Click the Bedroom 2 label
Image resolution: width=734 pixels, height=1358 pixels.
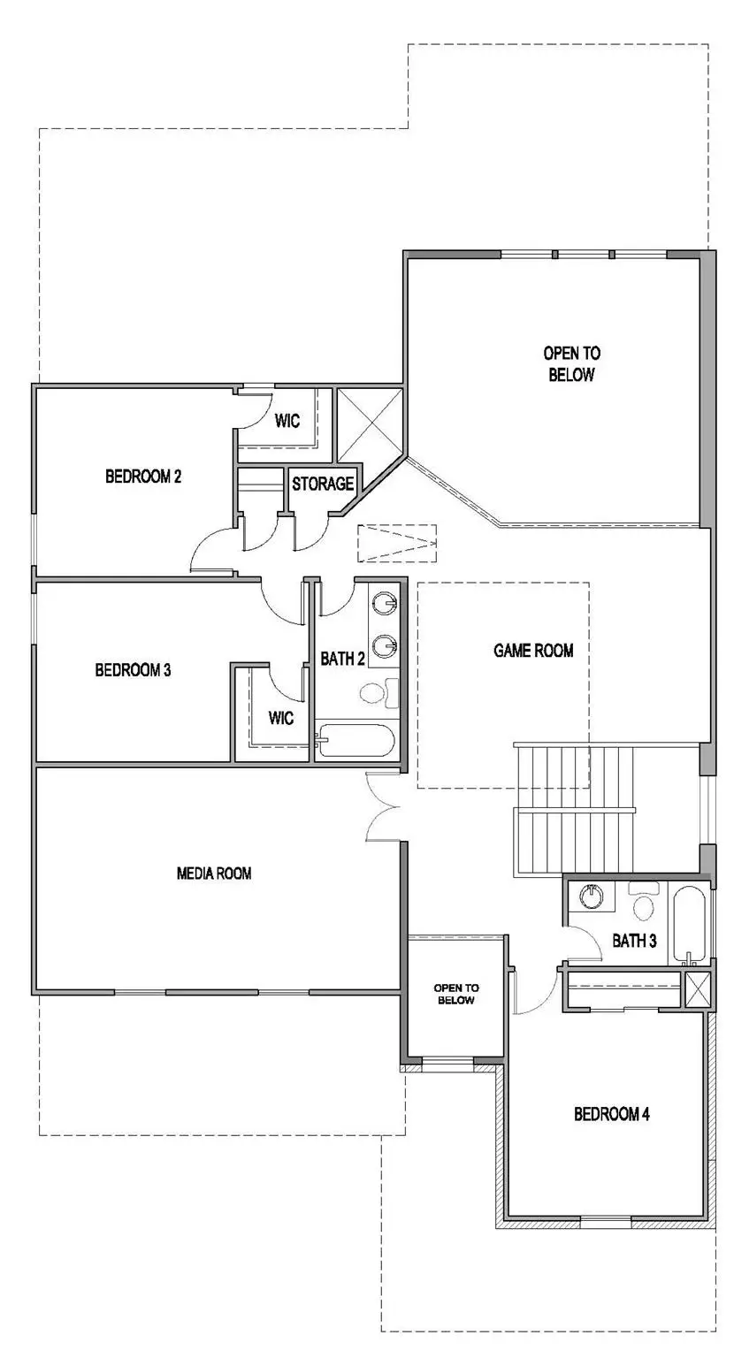(x=143, y=477)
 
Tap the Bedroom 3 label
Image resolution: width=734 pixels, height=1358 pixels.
(x=133, y=669)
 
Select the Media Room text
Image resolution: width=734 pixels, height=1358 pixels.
(x=214, y=874)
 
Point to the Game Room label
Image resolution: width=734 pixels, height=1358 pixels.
(x=533, y=651)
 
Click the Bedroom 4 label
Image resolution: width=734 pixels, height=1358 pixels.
(x=612, y=1114)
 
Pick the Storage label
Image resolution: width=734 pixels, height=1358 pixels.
(x=324, y=484)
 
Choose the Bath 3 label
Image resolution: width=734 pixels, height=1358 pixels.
(x=634, y=941)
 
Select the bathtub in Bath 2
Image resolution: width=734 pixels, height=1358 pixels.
(x=354, y=740)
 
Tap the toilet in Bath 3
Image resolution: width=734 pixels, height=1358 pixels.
(x=643, y=904)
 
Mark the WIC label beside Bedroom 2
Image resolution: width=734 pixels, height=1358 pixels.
(x=287, y=421)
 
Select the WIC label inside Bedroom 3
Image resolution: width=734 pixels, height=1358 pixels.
(x=282, y=718)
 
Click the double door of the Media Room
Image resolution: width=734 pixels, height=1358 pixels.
(x=384, y=806)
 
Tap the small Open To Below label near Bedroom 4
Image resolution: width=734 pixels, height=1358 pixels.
(x=455, y=994)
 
